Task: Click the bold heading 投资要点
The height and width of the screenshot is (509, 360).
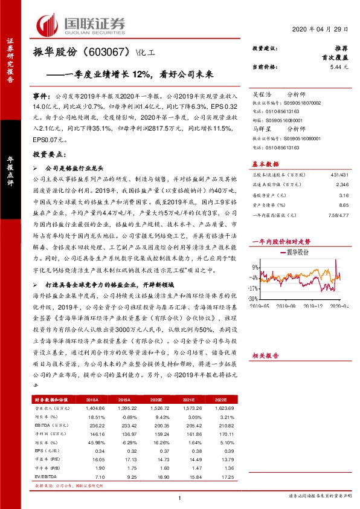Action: pyautogui.click(x=48, y=155)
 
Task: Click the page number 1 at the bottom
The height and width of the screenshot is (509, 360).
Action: pyautogui.click(x=180, y=498)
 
